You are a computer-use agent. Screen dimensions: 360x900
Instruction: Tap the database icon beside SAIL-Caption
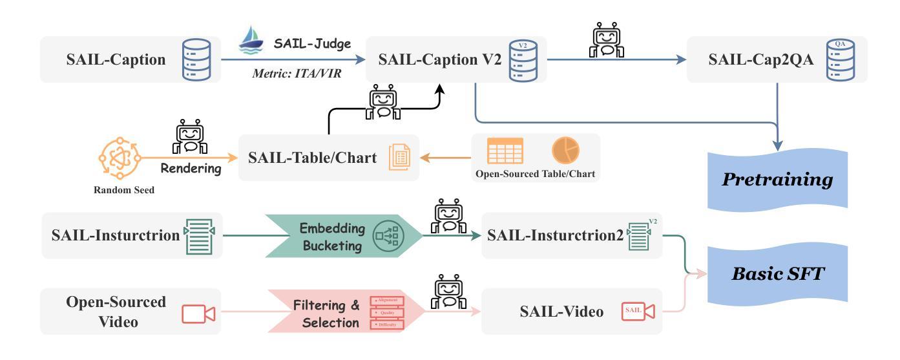pyautogui.click(x=196, y=59)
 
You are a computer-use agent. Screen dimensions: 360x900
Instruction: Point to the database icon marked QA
pyautogui.click(x=840, y=59)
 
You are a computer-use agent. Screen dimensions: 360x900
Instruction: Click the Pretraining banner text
pyautogui.click(x=778, y=179)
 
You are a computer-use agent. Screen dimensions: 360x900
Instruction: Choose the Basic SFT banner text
pyautogui.click(x=778, y=274)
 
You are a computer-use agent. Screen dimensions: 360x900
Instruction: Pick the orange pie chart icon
pyautogui.click(x=565, y=150)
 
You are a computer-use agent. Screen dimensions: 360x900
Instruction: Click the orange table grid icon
pyautogui.click(x=505, y=150)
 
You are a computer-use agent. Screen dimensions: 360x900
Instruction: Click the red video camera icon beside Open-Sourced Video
pyautogui.click(x=198, y=313)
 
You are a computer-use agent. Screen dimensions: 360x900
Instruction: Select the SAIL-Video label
pyautogui.click(x=561, y=312)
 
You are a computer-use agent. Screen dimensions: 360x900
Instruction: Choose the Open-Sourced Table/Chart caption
pyautogui.click(x=535, y=174)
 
